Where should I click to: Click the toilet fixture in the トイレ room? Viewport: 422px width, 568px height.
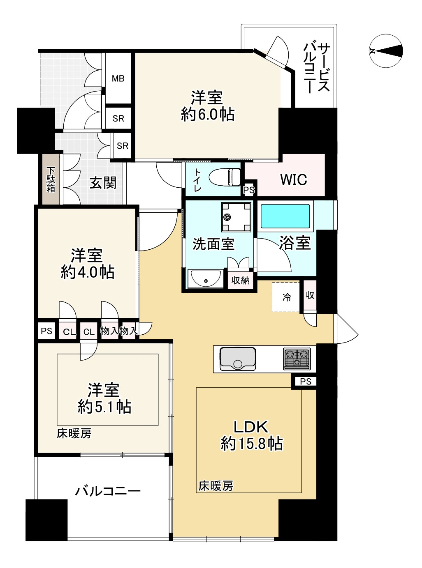pos(225,177)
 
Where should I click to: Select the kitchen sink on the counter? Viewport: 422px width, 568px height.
pos(238,359)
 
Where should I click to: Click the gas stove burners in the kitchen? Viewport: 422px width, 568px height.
pos(297,359)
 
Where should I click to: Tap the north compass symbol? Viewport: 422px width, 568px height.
pos(386,51)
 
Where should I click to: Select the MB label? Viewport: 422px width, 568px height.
pos(118,78)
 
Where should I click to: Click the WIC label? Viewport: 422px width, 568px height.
pos(294,180)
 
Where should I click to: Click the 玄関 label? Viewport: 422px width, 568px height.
pos(103,183)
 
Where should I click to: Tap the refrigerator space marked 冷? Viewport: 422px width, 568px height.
pos(286,297)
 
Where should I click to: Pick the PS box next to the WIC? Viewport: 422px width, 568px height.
pos(249,190)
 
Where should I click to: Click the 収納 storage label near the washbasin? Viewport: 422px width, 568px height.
pos(240,281)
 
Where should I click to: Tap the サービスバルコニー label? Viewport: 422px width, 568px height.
pos(317,68)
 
